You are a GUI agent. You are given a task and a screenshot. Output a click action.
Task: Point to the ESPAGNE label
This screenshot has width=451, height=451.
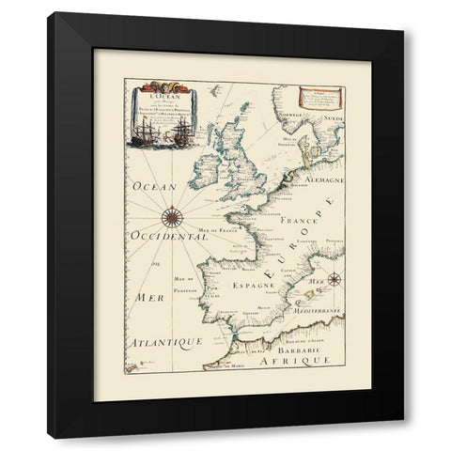coord(254,280)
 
